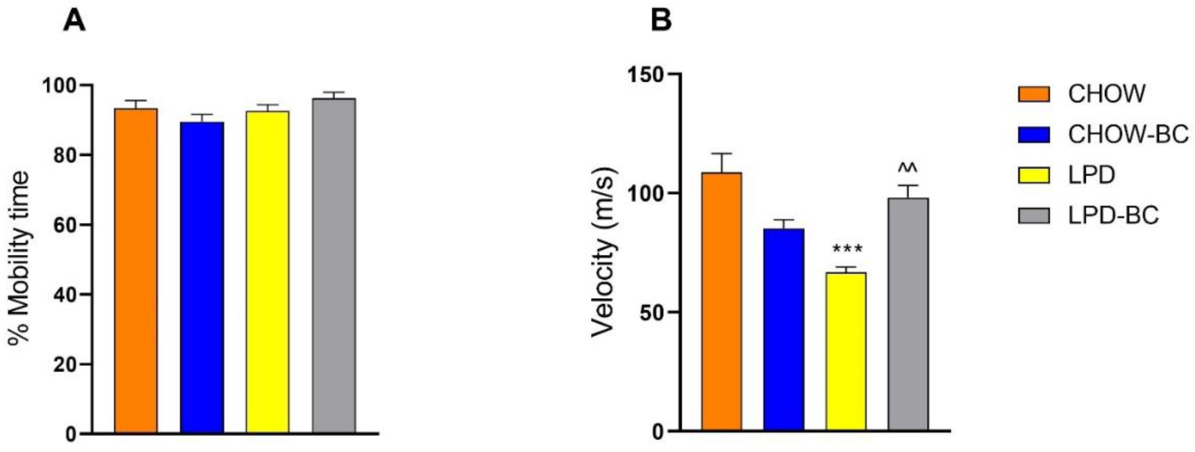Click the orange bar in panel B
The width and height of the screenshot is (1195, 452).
point(721,302)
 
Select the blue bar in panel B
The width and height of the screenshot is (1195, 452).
point(783,329)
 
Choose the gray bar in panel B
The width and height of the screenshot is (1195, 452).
point(908,314)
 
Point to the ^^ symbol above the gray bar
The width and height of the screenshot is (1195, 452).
point(908,168)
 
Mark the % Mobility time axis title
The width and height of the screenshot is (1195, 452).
point(19,258)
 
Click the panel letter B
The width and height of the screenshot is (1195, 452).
point(661,20)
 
